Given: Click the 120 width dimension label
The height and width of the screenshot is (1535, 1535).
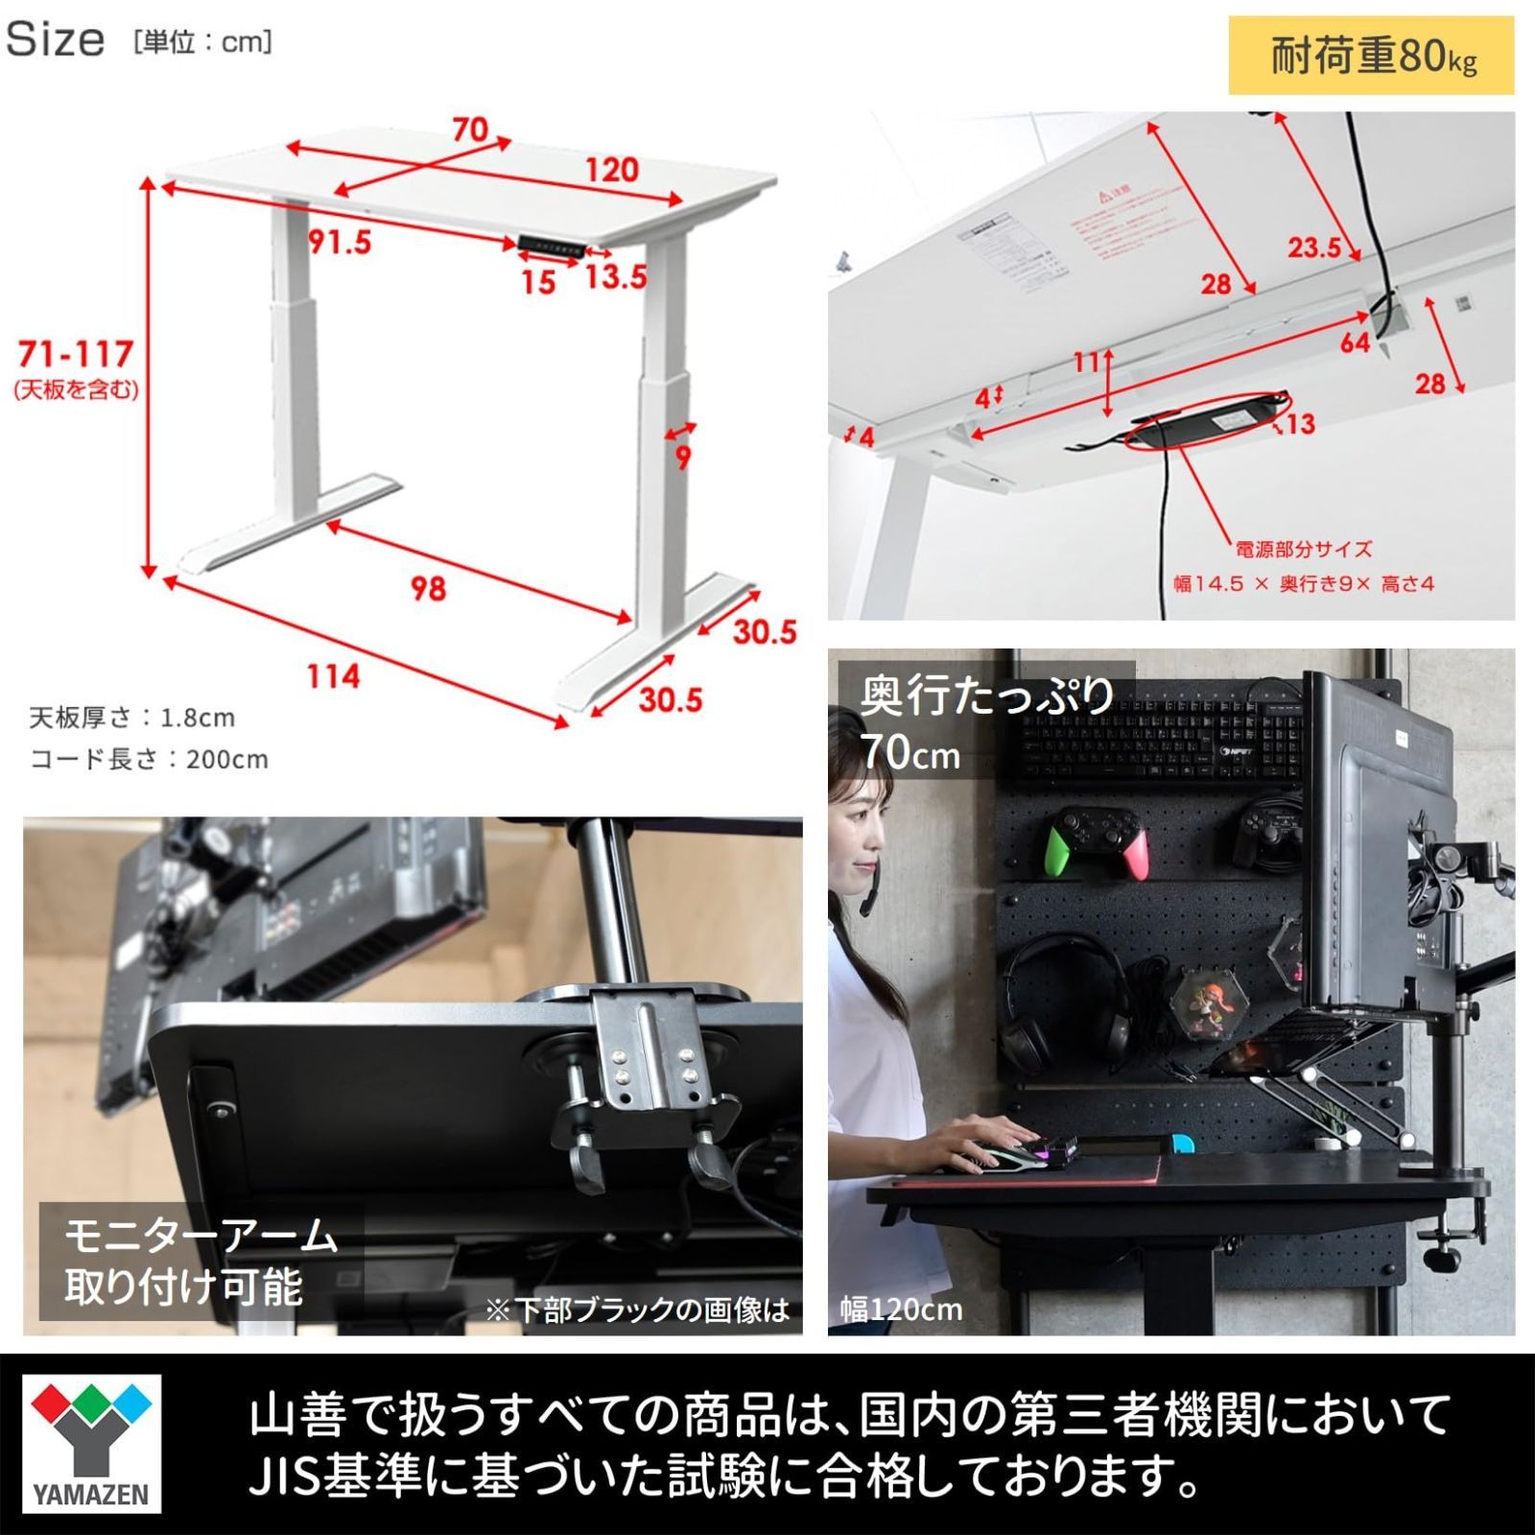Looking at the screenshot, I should point(612,170).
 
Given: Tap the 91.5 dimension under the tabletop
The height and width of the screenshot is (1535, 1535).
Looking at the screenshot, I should point(340,242).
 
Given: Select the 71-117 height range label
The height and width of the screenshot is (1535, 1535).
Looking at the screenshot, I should point(76,355).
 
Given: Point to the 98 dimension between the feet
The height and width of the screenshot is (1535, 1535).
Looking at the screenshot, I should point(428,588).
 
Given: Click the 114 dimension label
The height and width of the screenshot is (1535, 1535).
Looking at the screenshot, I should point(333,676).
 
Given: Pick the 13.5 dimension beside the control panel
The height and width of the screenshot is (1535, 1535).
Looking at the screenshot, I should point(616,277).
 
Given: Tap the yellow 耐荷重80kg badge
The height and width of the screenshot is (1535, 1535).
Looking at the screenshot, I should point(1371,56).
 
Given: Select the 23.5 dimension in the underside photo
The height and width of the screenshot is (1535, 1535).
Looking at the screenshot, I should point(1313,248).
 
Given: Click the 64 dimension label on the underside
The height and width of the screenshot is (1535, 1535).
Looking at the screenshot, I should point(1355,342).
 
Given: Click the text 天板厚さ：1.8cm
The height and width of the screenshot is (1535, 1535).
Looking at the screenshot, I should point(132,718).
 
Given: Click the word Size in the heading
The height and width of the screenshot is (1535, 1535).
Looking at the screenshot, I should point(56,39).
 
